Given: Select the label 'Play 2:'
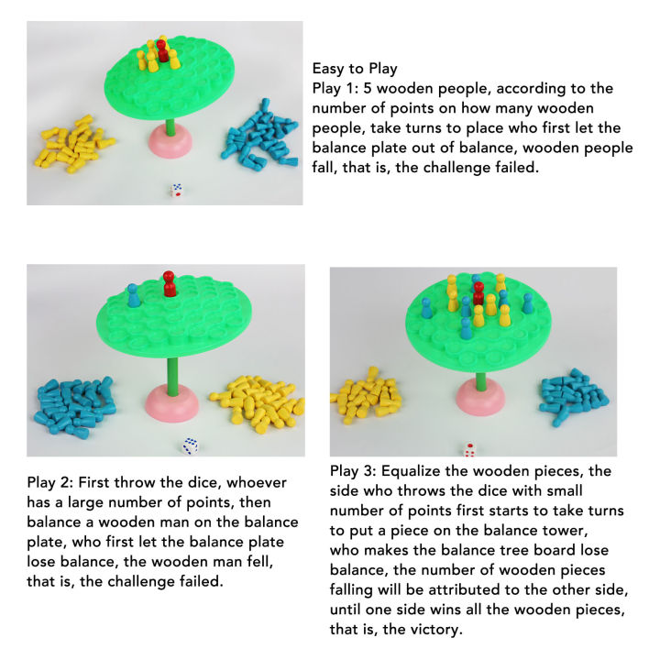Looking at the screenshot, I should (52, 482).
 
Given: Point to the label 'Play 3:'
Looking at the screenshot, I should (355, 471).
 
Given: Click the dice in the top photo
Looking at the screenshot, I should (176, 191).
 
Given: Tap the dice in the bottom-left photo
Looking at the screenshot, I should (191, 445).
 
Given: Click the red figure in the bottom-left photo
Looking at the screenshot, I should (169, 284).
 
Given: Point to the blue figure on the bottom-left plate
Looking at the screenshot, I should (134, 295).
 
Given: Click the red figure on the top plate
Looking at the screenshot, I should (162, 51).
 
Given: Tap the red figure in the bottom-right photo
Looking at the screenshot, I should (478, 293).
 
